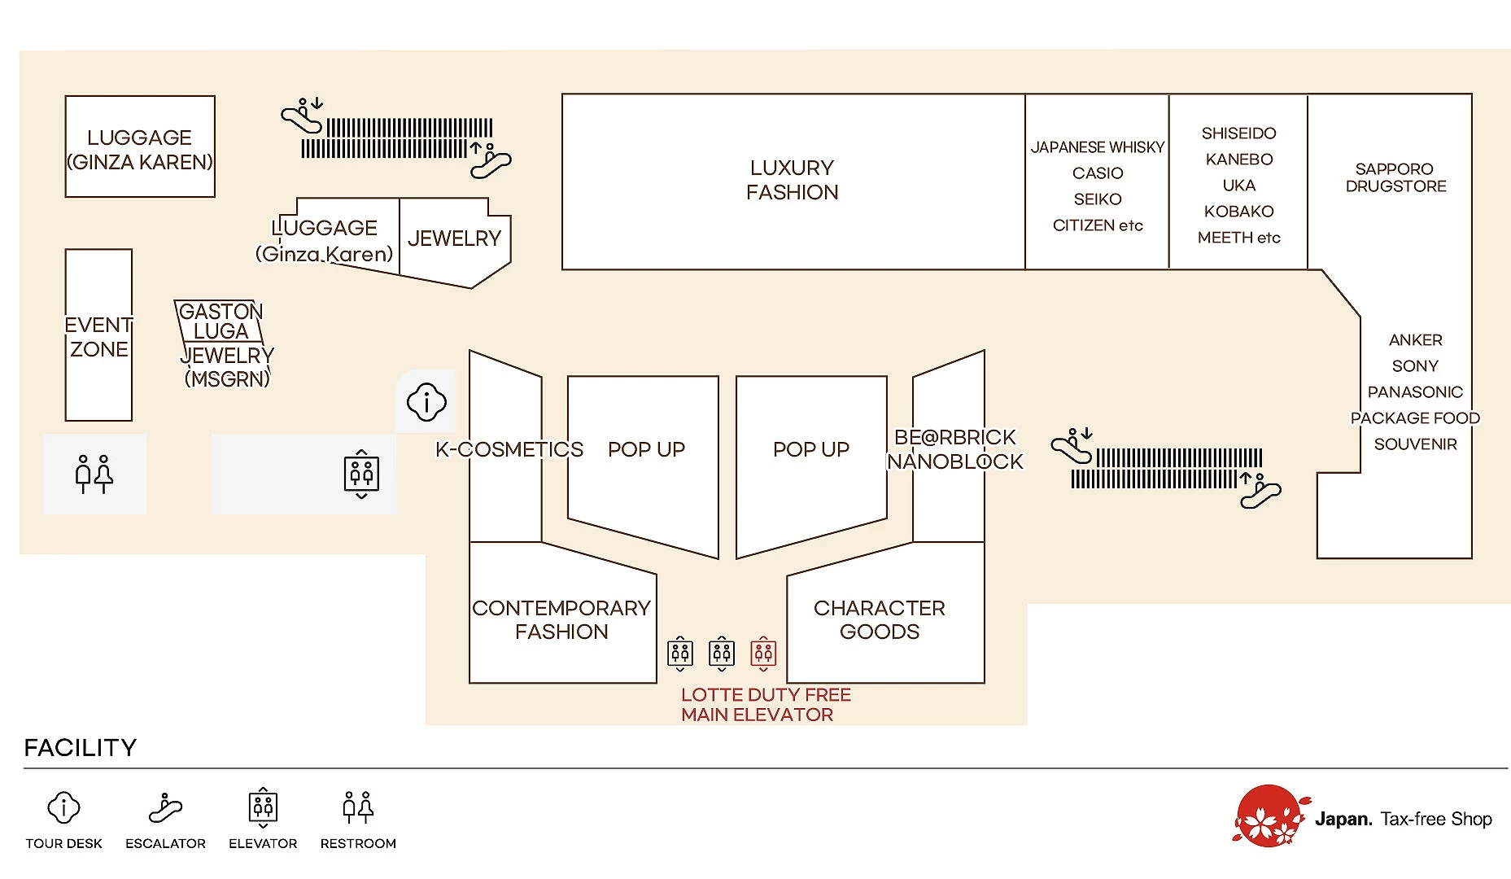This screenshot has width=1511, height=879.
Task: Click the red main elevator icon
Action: coord(763,653)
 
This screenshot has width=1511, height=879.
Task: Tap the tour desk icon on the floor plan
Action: coord(426,401)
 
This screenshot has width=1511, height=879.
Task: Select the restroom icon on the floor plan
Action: coord(94,474)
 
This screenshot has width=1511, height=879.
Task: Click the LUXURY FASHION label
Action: coord(792,180)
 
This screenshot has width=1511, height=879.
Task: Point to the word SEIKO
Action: coord(1098,199)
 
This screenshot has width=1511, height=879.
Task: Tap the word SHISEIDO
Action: coord(1238,133)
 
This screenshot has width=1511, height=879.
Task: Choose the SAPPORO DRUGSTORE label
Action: coord(1395,177)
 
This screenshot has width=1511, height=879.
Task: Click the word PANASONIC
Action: coord(1415,391)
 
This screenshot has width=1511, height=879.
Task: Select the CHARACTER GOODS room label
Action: coord(879,619)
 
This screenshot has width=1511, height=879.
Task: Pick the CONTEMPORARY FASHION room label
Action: coord(561,619)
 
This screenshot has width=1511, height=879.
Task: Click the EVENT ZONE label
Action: coord(98,337)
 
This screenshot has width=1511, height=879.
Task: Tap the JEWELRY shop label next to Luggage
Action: coord(454,238)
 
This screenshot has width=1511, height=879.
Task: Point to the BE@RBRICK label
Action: coord(955,437)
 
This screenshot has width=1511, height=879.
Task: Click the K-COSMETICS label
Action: coord(509,449)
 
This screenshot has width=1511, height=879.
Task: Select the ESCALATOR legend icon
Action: coord(165,807)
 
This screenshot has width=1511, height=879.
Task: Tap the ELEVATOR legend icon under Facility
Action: coord(263,807)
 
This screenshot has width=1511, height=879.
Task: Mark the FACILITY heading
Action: coord(81,747)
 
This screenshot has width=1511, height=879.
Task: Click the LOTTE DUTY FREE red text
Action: coord(766,694)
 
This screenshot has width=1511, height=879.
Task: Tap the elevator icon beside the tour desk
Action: coord(361,474)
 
